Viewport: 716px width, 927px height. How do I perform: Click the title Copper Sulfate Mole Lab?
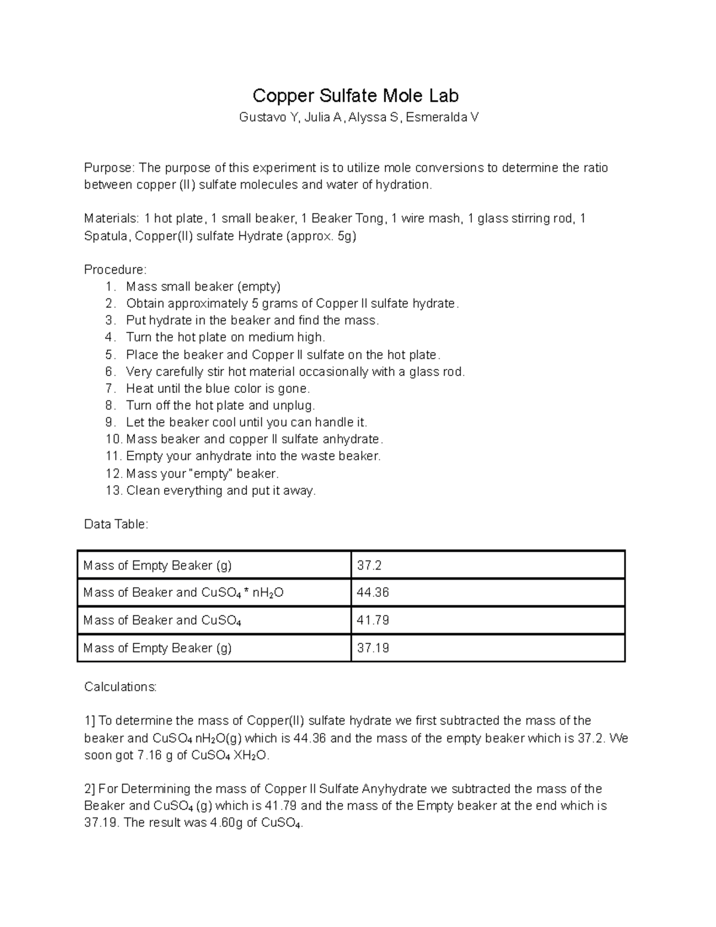click(x=356, y=96)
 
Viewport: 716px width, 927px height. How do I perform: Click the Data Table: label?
click(x=116, y=524)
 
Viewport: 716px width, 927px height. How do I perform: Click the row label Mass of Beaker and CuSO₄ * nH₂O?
click(x=183, y=593)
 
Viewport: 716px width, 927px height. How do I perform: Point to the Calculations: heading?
click(x=120, y=687)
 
